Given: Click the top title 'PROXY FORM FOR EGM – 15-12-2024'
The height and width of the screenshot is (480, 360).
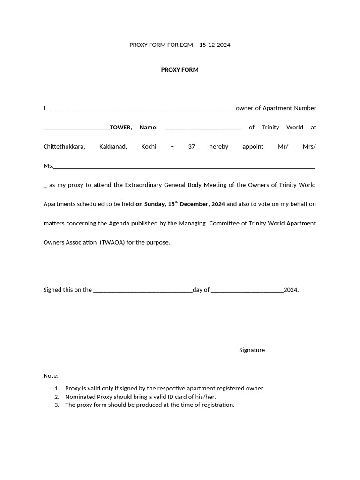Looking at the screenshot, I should pos(180,45).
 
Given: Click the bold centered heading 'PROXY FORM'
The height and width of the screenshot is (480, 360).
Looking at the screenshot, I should pos(180,70).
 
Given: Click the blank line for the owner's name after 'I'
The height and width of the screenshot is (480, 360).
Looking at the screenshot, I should pos(140,109).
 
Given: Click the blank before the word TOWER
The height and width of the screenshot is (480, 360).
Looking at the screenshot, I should pos(76,128).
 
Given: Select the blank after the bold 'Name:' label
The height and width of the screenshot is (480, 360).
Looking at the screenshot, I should pos(203,128).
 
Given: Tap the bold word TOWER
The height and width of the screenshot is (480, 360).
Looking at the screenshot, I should pos(120,127).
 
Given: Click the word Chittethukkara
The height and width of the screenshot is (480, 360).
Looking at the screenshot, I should pos(64,147).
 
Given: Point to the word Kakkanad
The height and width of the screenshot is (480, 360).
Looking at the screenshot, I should pos(113,147).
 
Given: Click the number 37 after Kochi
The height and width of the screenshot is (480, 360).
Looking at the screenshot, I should pos(191,147).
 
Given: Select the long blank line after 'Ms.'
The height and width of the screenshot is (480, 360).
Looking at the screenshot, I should pos(184,167).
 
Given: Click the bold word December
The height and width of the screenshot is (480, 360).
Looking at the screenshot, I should pos(195,204).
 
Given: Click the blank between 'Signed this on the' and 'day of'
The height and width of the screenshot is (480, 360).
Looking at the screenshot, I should pos(143,291).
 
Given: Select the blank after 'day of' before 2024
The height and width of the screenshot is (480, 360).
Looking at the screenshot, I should pos(247,291).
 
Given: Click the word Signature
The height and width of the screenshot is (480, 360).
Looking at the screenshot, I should pos(252,350).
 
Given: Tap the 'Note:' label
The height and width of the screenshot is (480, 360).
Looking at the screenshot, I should pos(51,376).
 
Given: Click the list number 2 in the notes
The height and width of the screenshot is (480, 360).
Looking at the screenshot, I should pos(56,397).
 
